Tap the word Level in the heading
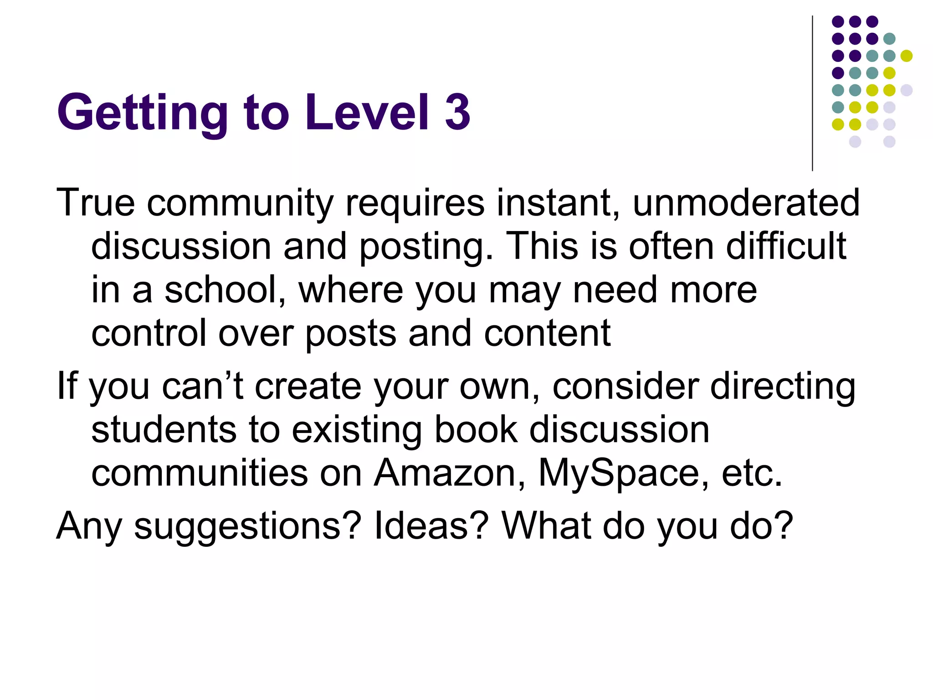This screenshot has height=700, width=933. coord(367,112)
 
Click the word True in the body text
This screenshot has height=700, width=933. coord(96,203)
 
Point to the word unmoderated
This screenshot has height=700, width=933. coord(746,203)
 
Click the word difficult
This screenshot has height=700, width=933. coord(786,246)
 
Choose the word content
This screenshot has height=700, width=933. coord(547,333)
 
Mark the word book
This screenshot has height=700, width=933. coord(476,429)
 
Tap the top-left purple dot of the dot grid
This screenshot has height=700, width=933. coord(838,21)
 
